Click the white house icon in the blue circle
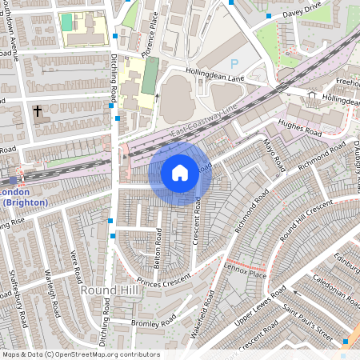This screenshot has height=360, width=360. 180,172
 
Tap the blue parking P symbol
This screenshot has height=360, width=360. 234,63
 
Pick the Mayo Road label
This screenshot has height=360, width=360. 274,154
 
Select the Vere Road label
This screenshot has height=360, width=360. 75,266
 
